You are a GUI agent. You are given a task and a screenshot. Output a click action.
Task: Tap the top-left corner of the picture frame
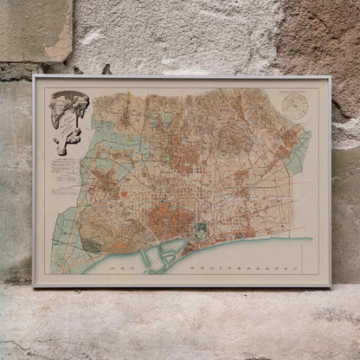point(34,77)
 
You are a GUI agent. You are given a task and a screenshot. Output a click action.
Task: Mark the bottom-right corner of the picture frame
point(330,286)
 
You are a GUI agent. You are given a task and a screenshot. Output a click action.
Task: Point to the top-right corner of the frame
point(330,77)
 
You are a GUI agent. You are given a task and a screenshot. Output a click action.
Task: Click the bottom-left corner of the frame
point(34,286)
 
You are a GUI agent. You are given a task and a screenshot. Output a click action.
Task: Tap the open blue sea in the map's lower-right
point(294,255)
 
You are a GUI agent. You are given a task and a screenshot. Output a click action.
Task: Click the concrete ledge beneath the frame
point(180,325)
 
